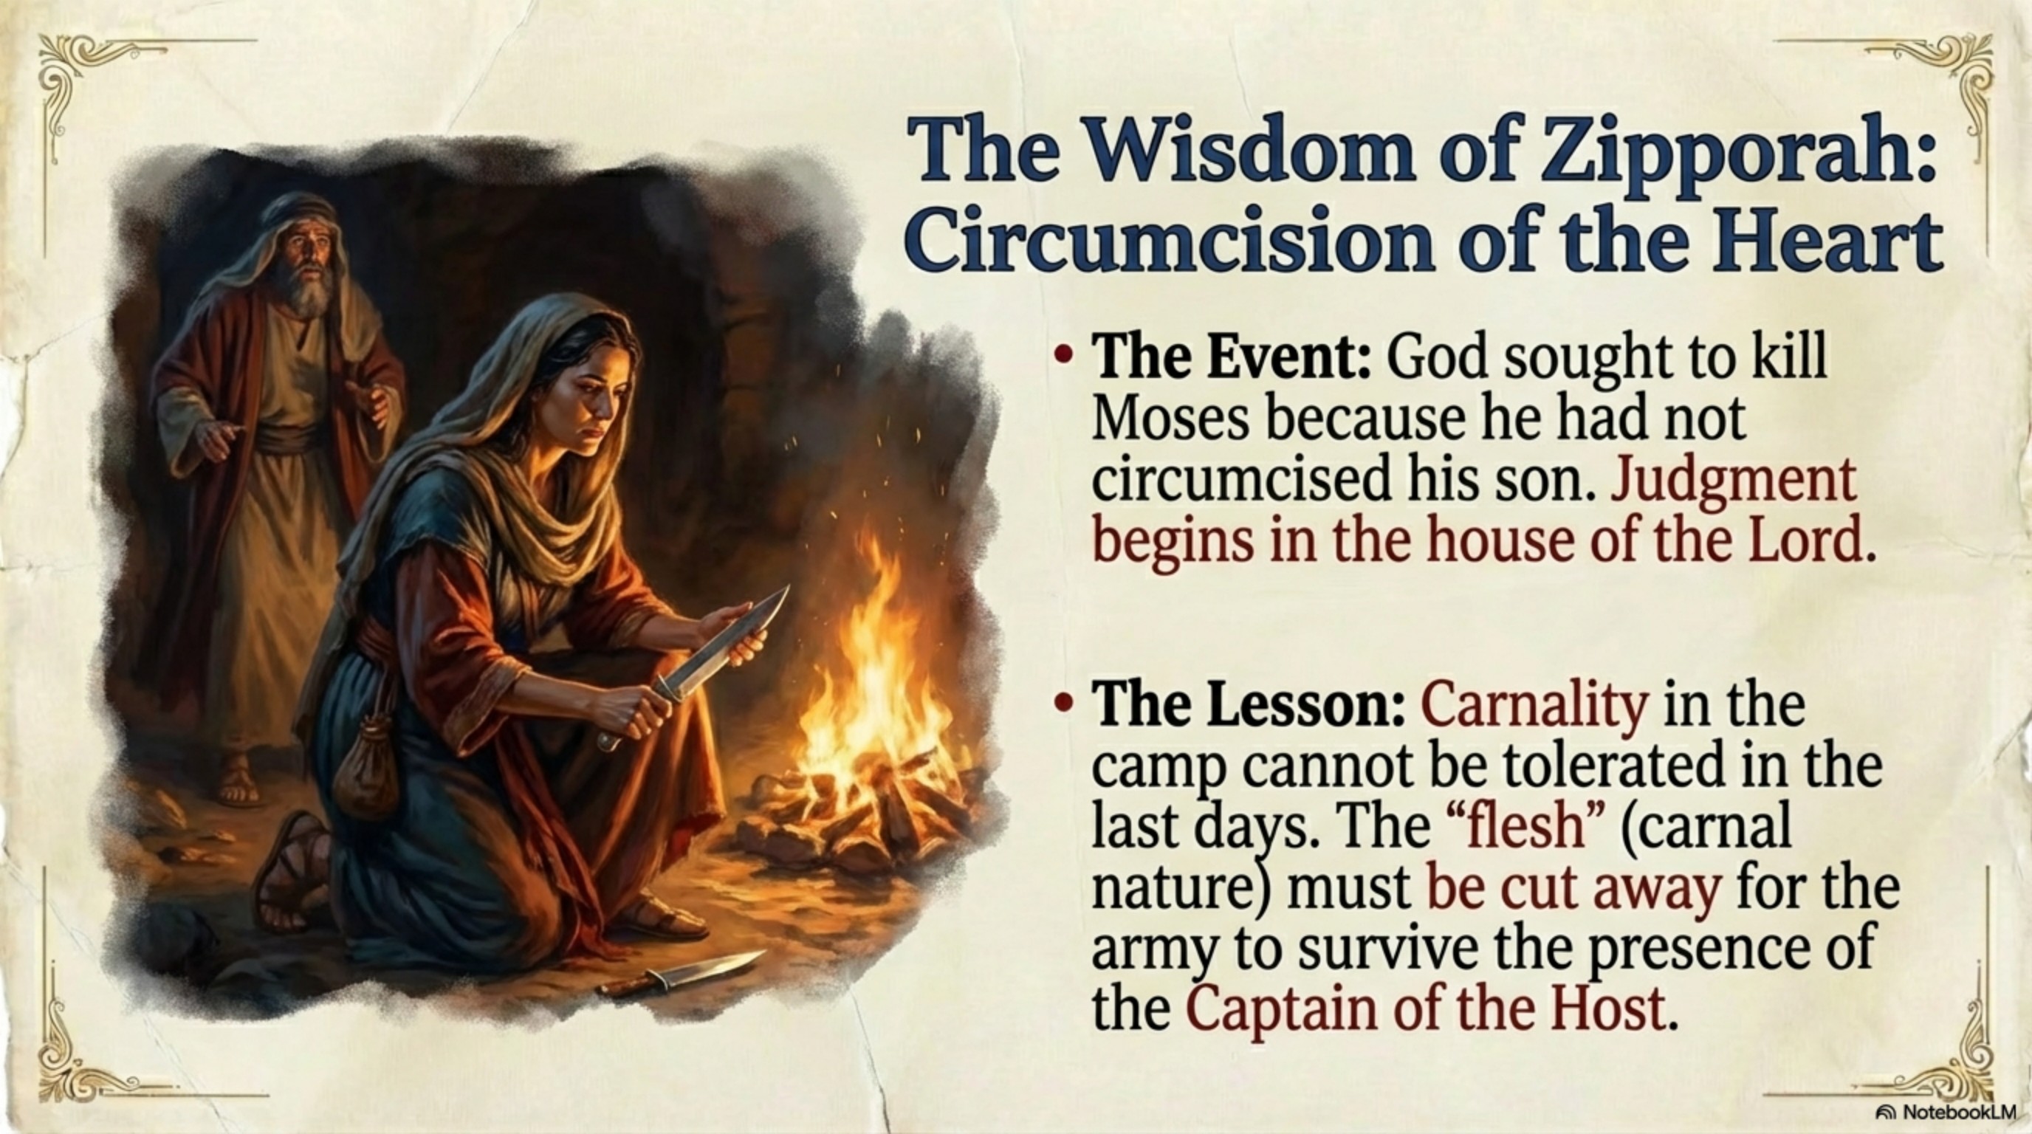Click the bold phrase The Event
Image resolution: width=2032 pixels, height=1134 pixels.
tap(1232, 359)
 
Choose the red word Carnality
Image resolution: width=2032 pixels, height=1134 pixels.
tap(1534, 706)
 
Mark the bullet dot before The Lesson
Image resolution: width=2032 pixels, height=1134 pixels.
tap(1063, 703)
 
